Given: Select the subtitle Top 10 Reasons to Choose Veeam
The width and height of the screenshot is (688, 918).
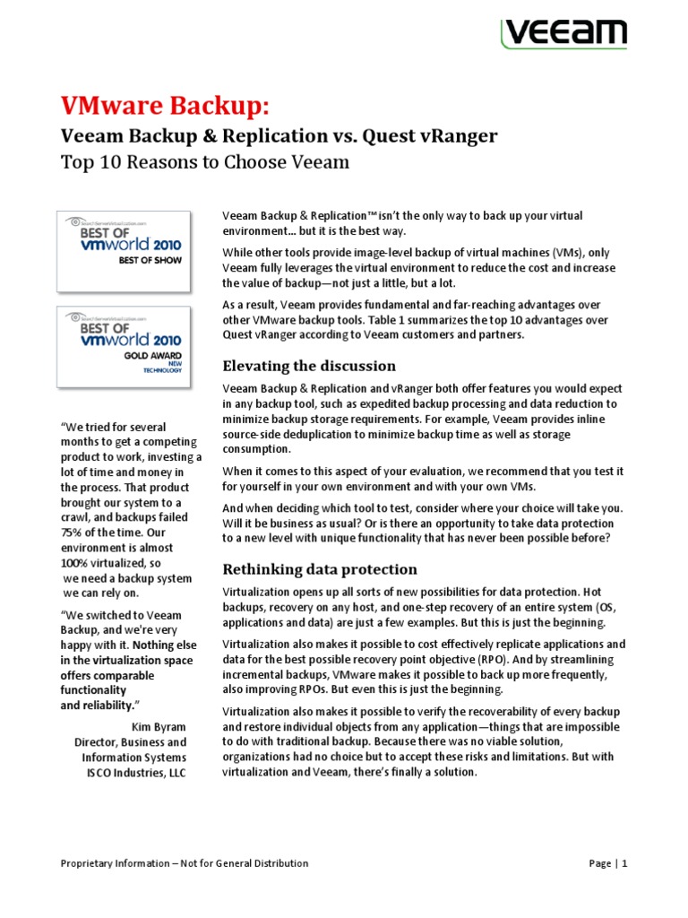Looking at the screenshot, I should coord(203,162).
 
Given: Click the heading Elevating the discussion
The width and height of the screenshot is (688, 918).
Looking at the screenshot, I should coord(309,365).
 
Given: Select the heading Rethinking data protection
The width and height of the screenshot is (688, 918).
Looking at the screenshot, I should coord(320,568).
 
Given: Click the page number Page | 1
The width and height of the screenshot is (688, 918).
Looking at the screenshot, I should coord(607,863).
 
